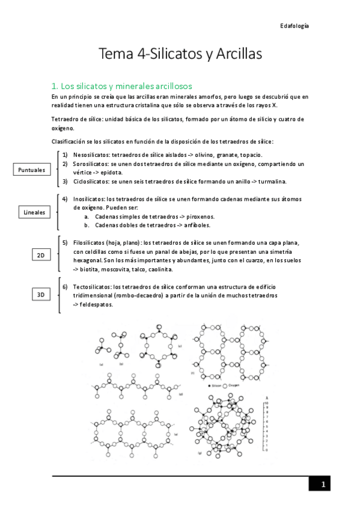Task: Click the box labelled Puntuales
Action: pyautogui.click(x=32, y=170)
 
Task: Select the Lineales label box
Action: pyautogui.click(x=34, y=212)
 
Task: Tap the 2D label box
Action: pyautogui.click(x=41, y=256)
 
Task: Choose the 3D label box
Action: pyautogui.click(x=41, y=295)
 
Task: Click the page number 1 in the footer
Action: pyautogui.click(x=322, y=485)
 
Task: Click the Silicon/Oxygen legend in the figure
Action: pyautogui.click(x=225, y=383)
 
